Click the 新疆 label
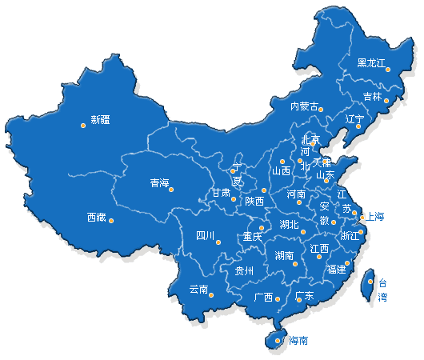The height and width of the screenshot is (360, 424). click(101, 121)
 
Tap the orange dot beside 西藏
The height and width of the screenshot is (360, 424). click(111, 221)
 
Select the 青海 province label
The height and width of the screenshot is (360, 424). click(159, 183)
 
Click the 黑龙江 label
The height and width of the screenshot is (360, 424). click(371, 62)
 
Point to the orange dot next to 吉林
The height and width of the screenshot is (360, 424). click(387, 101)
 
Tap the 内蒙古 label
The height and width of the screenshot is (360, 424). click(304, 106)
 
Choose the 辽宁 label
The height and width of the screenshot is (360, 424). click(354, 119)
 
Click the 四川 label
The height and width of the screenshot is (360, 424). click(205, 235)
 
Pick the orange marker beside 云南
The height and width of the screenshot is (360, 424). click(212, 295)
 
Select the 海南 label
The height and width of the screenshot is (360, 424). click(298, 341)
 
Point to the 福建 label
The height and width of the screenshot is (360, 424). click(336, 269)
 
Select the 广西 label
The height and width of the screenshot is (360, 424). click(263, 297)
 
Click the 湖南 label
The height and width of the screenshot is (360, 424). click(284, 256)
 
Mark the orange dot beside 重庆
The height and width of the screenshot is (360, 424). click(262, 228)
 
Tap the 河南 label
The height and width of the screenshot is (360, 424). click(296, 194)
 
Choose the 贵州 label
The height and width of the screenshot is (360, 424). click(244, 271)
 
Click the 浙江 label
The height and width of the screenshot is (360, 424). click(350, 236)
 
